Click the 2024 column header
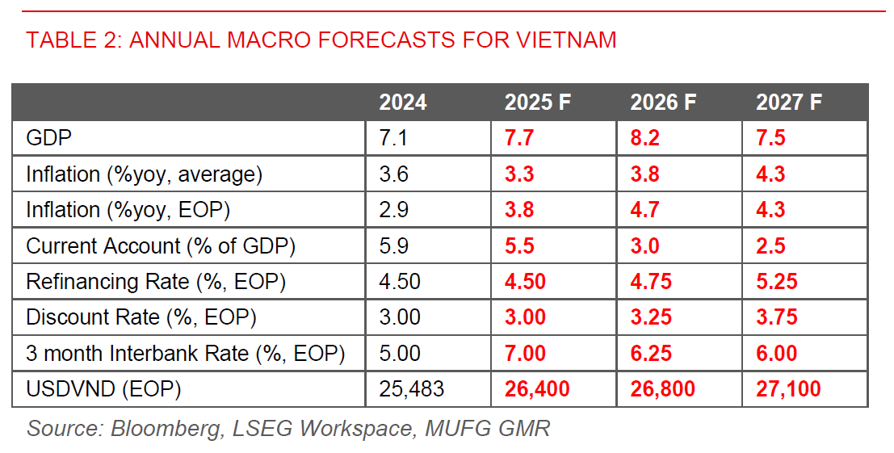[402, 103]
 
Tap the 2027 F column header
[788, 103]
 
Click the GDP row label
[49, 138]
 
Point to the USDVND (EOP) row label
[103, 389]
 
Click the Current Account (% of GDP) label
[161, 245]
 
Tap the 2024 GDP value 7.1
[393, 138]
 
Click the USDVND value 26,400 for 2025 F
[537, 389]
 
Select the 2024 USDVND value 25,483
[412, 389]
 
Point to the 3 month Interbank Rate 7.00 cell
[525, 354]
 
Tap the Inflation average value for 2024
[393, 174]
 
